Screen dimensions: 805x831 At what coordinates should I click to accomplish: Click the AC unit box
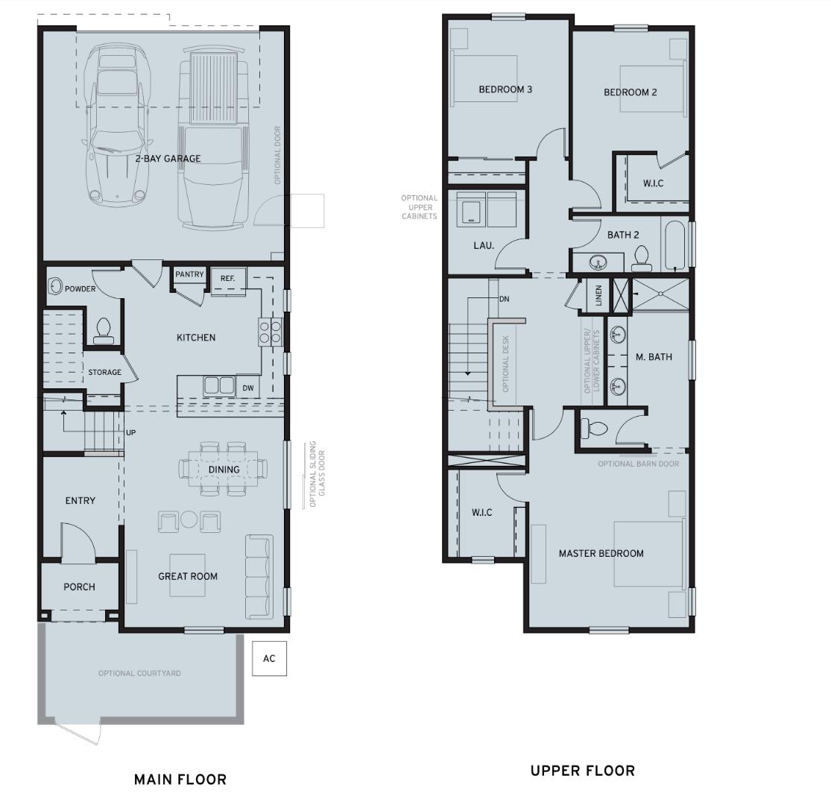[x=269, y=658]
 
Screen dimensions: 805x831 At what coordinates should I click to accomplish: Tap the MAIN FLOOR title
[x=180, y=780]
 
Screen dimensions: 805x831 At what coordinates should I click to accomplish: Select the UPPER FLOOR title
[x=582, y=771]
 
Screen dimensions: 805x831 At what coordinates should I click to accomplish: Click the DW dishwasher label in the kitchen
[x=248, y=388]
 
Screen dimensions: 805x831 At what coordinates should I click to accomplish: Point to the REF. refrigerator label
[x=227, y=279]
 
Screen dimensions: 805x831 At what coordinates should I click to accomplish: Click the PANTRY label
[x=189, y=274]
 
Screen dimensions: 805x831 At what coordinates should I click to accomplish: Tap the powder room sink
[x=54, y=285]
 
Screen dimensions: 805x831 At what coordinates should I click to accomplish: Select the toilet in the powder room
[x=104, y=330]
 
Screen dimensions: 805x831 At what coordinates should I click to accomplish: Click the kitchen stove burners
[x=270, y=330]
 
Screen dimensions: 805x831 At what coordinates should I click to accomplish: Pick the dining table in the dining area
[x=224, y=469]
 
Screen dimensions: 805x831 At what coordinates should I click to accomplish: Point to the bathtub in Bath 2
[x=674, y=245]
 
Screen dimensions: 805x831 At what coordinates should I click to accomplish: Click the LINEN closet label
[x=598, y=296]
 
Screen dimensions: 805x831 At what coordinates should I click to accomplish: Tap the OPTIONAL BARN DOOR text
[x=638, y=464]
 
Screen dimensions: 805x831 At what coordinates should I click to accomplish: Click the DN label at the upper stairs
[x=504, y=299]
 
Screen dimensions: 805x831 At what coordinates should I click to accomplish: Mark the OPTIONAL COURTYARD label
[x=139, y=673]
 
